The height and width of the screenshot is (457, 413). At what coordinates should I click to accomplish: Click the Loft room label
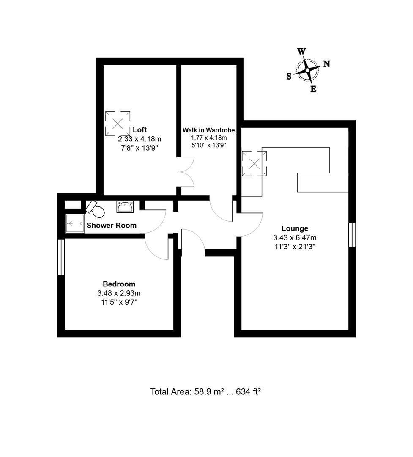tap(139, 130)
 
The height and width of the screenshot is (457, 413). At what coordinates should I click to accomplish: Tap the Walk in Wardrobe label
tap(208, 130)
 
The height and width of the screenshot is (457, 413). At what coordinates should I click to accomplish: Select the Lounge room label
tap(295, 228)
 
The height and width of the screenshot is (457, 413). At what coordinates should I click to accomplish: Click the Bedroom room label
tap(119, 284)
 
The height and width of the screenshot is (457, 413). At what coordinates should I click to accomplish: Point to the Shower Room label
tap(112, 226)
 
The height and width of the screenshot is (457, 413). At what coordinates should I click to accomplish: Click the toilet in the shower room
tap(95, 208)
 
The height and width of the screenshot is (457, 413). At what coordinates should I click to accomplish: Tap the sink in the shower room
tap(125, 207)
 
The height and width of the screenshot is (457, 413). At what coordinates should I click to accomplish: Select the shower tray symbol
tap(74, 223)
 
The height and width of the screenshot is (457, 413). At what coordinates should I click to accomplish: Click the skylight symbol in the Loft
tap(118, 123)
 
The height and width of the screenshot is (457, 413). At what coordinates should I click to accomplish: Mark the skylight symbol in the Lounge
tap(254, 164)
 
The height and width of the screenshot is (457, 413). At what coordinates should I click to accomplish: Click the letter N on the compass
tap(327, 64)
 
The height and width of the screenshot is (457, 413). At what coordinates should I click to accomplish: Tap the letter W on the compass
tap(301, 52)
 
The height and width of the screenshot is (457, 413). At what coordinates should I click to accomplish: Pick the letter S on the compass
tap(289, 76)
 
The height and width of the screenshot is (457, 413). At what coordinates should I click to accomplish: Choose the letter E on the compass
tap(313, 89)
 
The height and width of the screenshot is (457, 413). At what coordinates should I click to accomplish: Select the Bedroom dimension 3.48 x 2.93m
tap(119, 293)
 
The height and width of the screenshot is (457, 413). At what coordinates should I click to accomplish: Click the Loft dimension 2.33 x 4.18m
tap(139, 139)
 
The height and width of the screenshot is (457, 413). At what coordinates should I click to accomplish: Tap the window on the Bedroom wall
tap(61, 257)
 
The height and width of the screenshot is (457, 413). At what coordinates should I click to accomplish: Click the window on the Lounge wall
tap(352, 234)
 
